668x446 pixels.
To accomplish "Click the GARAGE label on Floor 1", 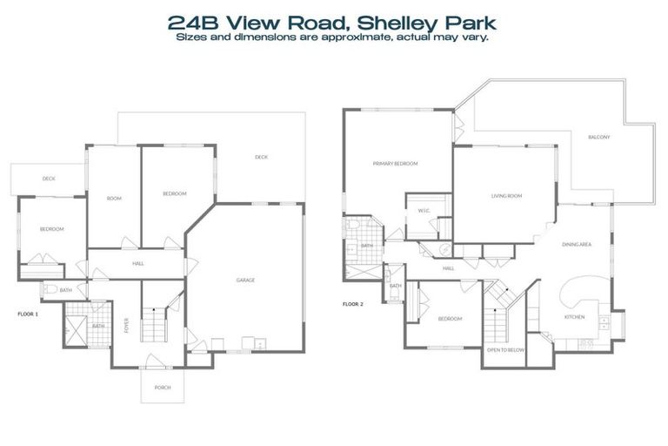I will pyautogui.click(x=245, y=280).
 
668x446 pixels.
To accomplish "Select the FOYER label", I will pyautogui.click(x=127, y=328).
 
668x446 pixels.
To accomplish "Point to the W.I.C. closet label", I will pyautogui.click(x=424, y=210).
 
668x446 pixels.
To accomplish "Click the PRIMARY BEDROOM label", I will pyautogui.click(x=395, y=164).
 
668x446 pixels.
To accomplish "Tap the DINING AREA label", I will pyautogui.click(x=577, y=245).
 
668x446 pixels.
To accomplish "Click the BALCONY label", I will pyautogui.click(x=598, y=138).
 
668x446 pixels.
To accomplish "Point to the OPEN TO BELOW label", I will pyautogui.click(x=504, y=349).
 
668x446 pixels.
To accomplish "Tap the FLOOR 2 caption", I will pyautogui.click(x=352, y=304).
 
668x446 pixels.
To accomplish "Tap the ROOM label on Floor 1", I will pyautogui.click(x=114, y=199).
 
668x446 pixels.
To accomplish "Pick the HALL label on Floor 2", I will pyautogui.click(x=449, y=268).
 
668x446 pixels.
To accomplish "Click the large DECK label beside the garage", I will pyautogui.click(x=261, y=158).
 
